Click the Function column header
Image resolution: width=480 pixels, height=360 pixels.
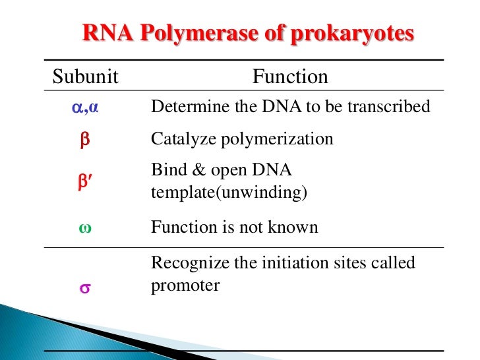[x=290, y=77]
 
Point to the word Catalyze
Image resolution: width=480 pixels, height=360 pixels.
[x=179, y=139]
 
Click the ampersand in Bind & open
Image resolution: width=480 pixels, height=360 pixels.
[x=197, y=171]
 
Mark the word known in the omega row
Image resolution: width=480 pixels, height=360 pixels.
[x=295, y=227]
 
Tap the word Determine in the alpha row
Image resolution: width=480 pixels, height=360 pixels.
[x=184, y=106]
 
